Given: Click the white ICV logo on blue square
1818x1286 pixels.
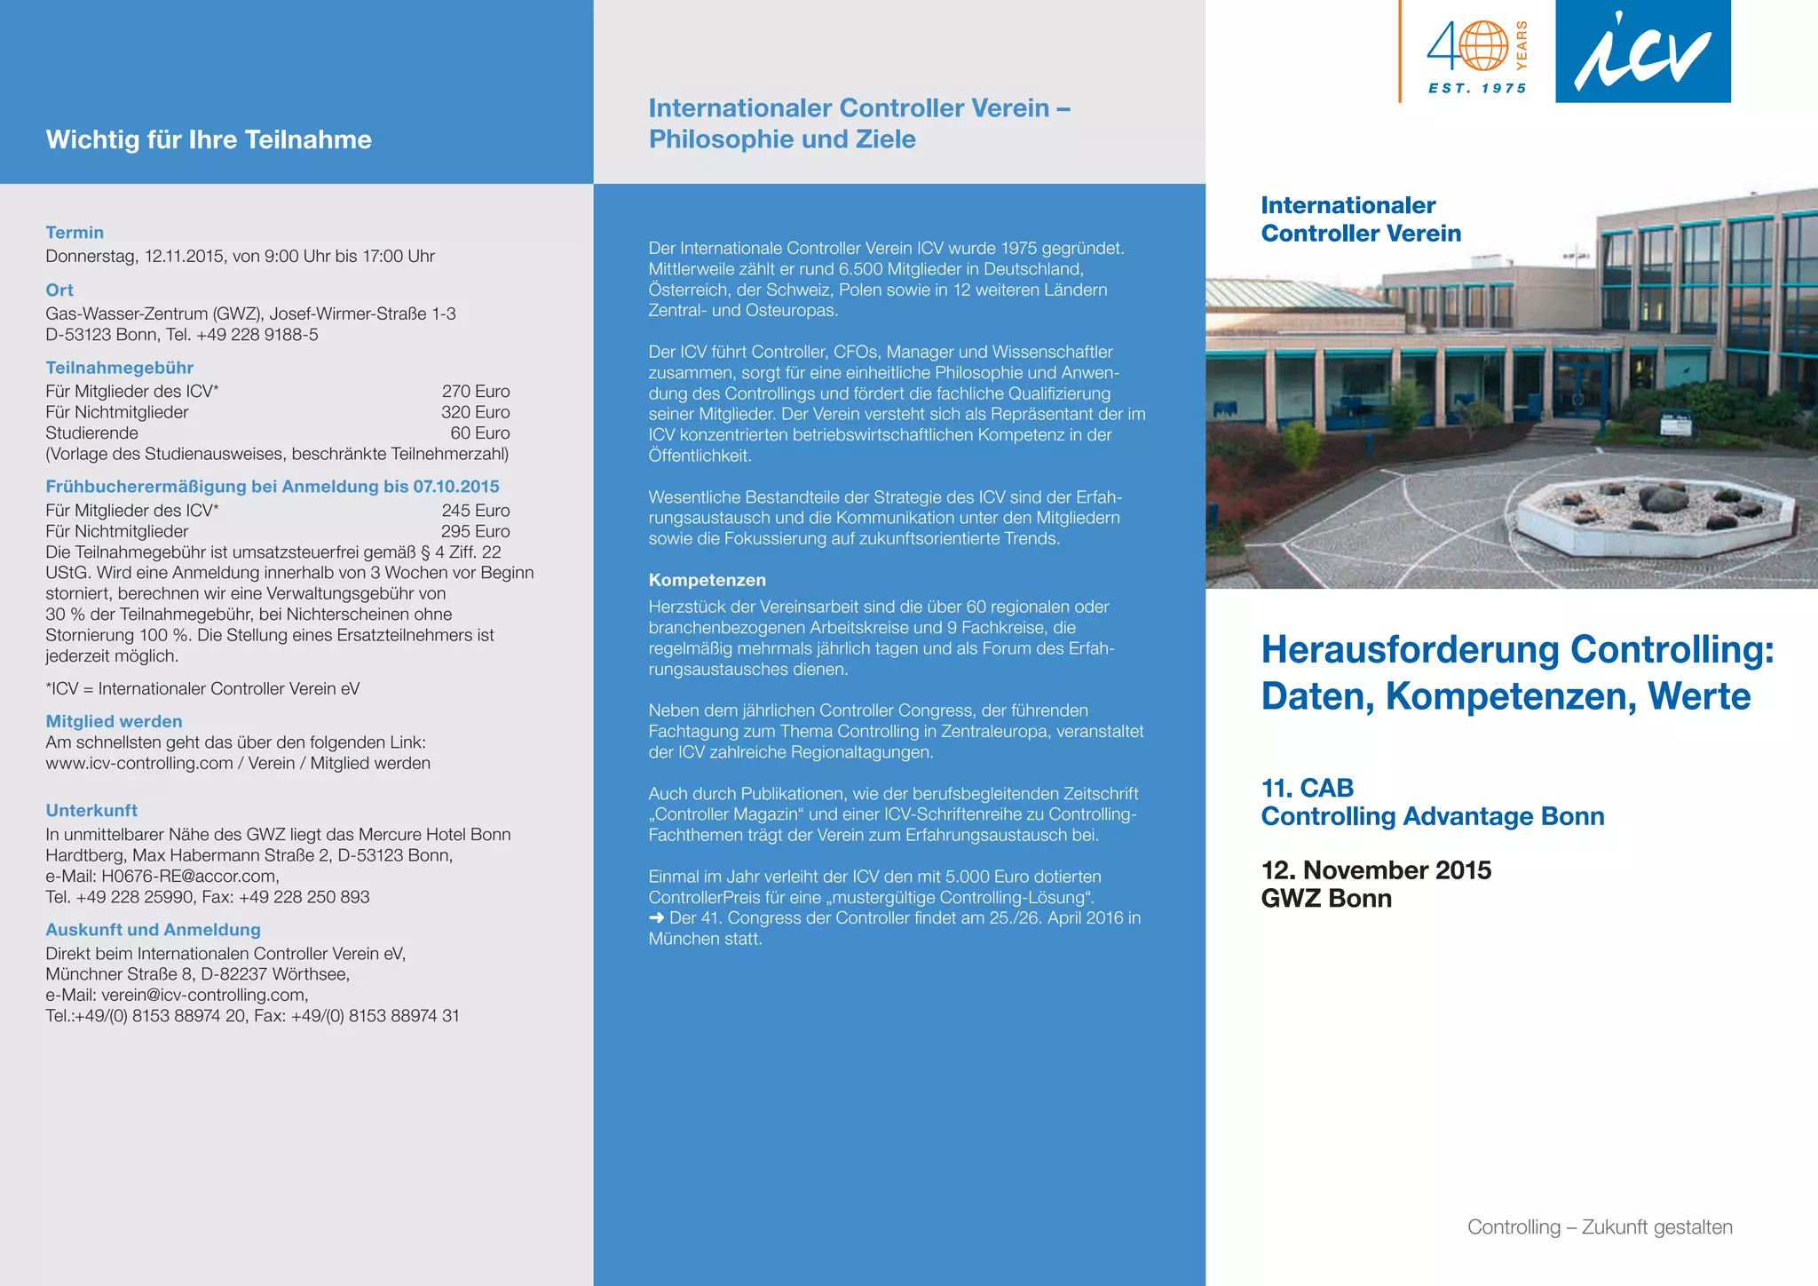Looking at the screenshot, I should (1642, 52).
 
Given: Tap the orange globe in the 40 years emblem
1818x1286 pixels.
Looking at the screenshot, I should (1483, 46).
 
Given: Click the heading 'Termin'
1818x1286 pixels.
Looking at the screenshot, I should (75, 233).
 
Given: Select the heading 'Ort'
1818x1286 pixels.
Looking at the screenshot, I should (59, 290).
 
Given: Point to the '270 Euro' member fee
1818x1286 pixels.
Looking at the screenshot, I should (476, 392).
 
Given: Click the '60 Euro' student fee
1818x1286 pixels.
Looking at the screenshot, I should (479, 433).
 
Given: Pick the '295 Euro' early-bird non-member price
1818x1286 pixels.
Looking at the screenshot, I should (476, 531).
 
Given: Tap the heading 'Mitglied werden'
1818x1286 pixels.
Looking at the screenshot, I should (114, 721).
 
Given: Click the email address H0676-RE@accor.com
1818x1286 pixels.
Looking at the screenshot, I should (189, 877).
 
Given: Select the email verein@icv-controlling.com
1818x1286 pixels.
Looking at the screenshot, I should (203, 995).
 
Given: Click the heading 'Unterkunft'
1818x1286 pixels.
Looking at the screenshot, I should (91, 810).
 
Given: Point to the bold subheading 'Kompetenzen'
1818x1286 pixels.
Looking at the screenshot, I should (707, 580).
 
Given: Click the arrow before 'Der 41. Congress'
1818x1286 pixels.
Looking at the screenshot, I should (656, 918).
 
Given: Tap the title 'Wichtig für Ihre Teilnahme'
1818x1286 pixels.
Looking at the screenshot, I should (209, 139).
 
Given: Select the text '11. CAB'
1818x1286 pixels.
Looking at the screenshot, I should (1307, 788).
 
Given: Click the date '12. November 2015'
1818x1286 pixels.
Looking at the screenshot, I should (1376, 869).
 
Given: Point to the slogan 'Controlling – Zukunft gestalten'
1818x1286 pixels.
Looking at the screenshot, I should (1600, 1227).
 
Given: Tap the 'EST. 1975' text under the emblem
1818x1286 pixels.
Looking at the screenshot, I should (1477, 89).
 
